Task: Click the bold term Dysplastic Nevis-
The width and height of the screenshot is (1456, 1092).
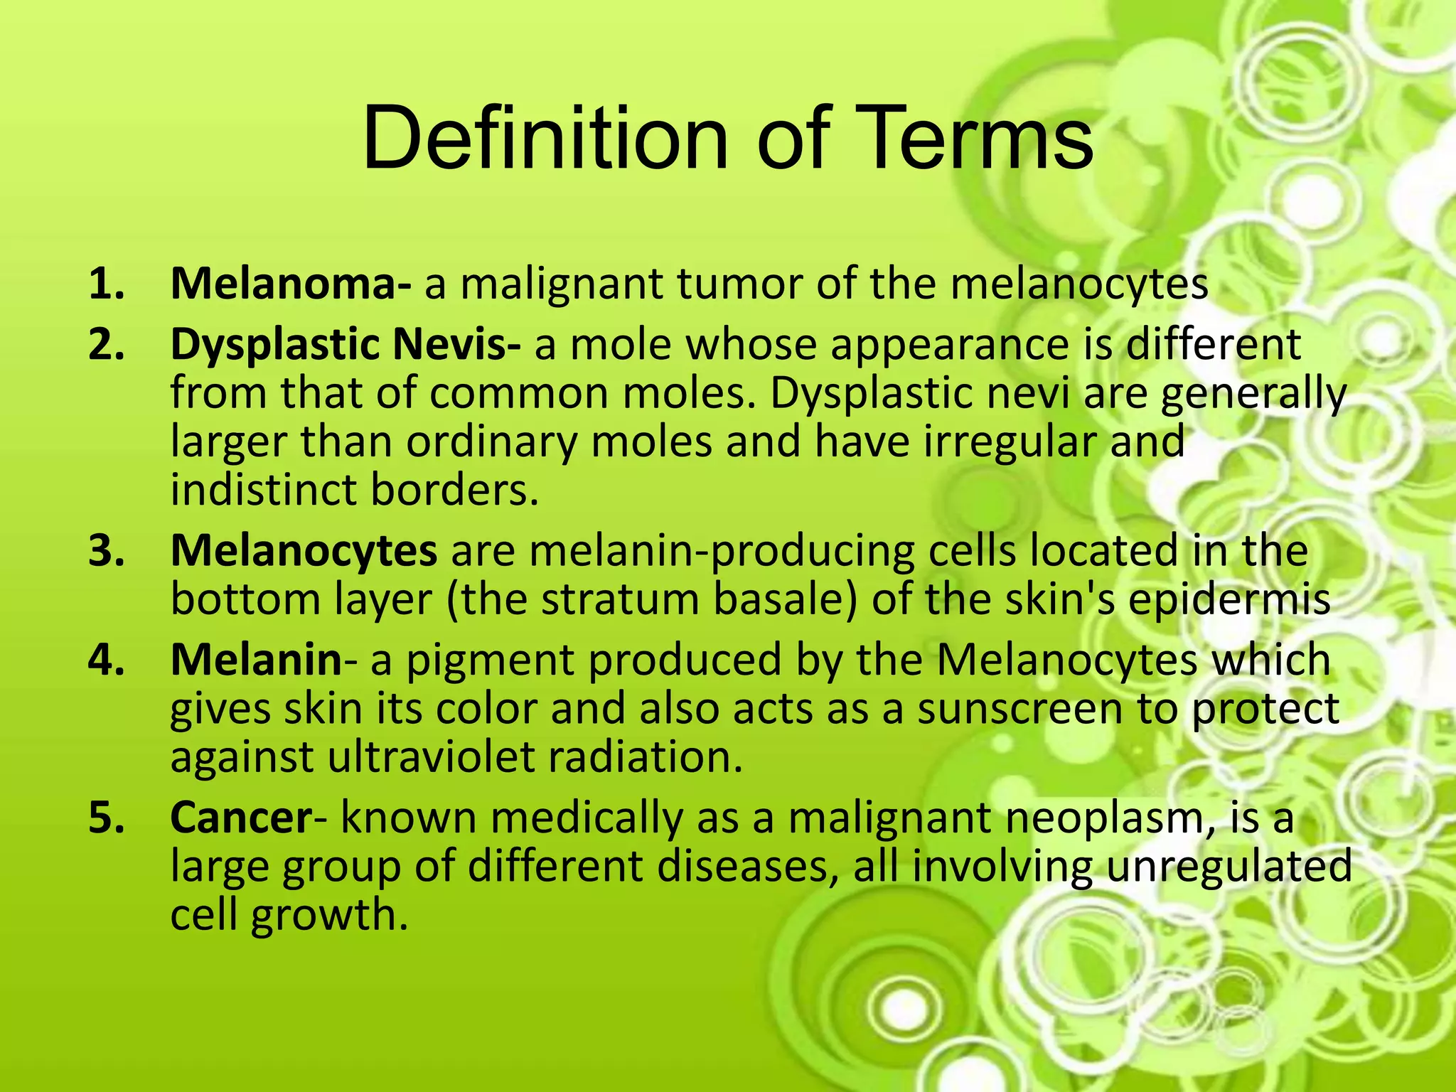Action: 346,344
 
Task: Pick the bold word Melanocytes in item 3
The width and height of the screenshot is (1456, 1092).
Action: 304,550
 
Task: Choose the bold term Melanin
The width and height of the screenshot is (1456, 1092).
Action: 257,659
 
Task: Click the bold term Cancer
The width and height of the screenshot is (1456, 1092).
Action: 241,817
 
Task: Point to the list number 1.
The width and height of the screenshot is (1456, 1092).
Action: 107,284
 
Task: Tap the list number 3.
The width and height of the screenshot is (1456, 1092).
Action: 107,551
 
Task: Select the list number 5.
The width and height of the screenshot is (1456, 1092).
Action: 107,818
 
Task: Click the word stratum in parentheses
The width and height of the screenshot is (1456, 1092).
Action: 622,599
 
